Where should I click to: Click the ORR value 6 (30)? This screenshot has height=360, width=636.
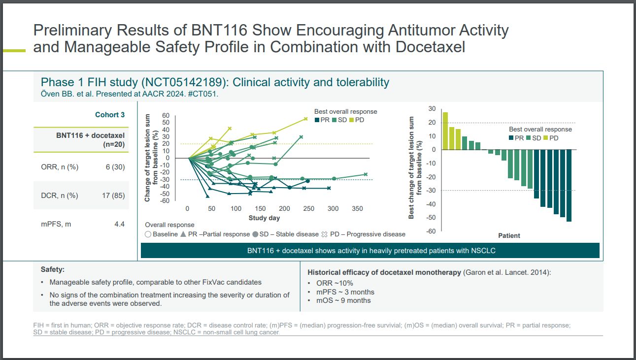115,167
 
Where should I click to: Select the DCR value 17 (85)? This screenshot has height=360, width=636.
113,196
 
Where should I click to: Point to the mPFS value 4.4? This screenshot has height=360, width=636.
119,224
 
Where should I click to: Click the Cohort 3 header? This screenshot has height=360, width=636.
110,115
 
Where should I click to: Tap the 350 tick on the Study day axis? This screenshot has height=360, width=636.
357,209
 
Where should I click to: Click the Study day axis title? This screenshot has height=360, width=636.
264,218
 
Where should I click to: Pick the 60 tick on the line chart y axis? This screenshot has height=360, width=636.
166,115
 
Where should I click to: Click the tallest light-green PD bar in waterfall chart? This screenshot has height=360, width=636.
445,131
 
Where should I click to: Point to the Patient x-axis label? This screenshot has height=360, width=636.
509,235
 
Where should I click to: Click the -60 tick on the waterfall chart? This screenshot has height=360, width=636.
432,231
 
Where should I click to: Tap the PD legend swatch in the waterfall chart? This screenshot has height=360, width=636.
546,138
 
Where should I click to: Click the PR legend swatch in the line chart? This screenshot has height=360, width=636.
317,120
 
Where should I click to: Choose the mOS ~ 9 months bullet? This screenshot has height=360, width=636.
343,300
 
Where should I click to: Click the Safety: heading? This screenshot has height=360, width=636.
53,270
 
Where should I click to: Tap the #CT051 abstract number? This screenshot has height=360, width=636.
204,94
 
